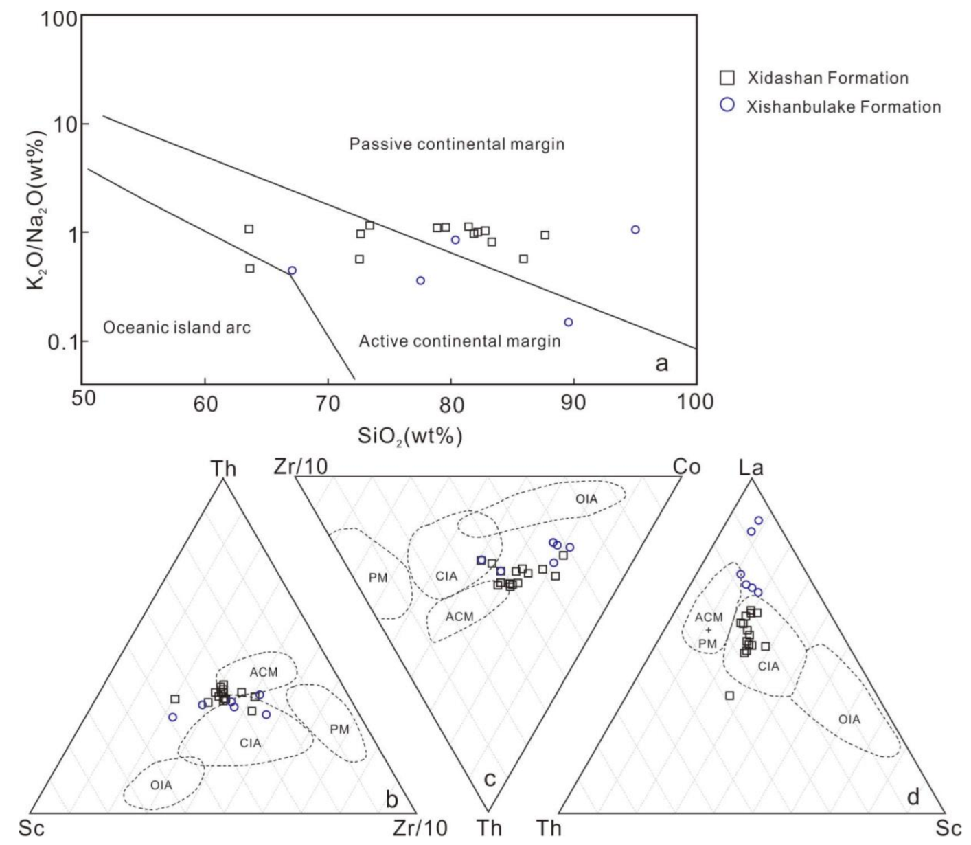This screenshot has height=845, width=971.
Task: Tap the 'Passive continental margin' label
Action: coord(457,144)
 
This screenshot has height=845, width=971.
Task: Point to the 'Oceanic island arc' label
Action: coord(176,327)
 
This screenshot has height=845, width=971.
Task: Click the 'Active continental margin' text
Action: coord(459,341)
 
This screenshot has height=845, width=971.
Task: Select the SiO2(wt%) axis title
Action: coord(409,436)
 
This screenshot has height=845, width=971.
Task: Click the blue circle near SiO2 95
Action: coord(635,229)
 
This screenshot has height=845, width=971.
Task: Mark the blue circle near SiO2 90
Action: coord(568,322)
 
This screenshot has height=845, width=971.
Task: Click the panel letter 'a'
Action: coord(661,363)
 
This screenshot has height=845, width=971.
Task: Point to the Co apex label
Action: coord(686,467)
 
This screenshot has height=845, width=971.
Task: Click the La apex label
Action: coord(751,469)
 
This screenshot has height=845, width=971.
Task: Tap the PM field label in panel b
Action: coord(339,729)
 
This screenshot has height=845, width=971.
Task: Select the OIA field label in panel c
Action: coord(586,499)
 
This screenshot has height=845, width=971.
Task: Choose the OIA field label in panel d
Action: coord(849,719)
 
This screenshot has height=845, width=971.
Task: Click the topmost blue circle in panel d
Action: coord(758,521)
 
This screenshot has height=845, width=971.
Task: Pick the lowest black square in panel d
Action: coord(729,696)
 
